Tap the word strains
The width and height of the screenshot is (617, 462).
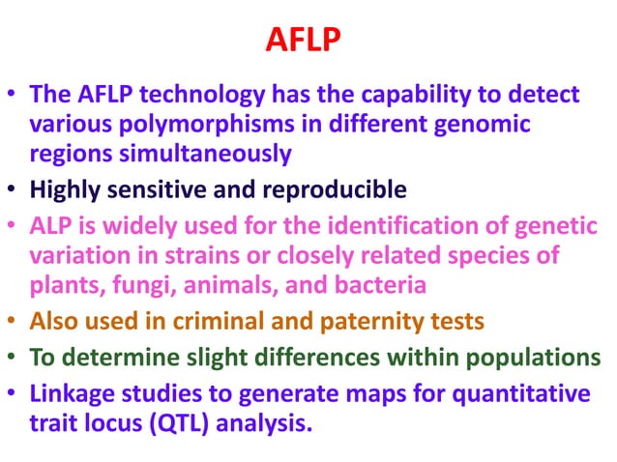pyautogui.click(x=226, y=255)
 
